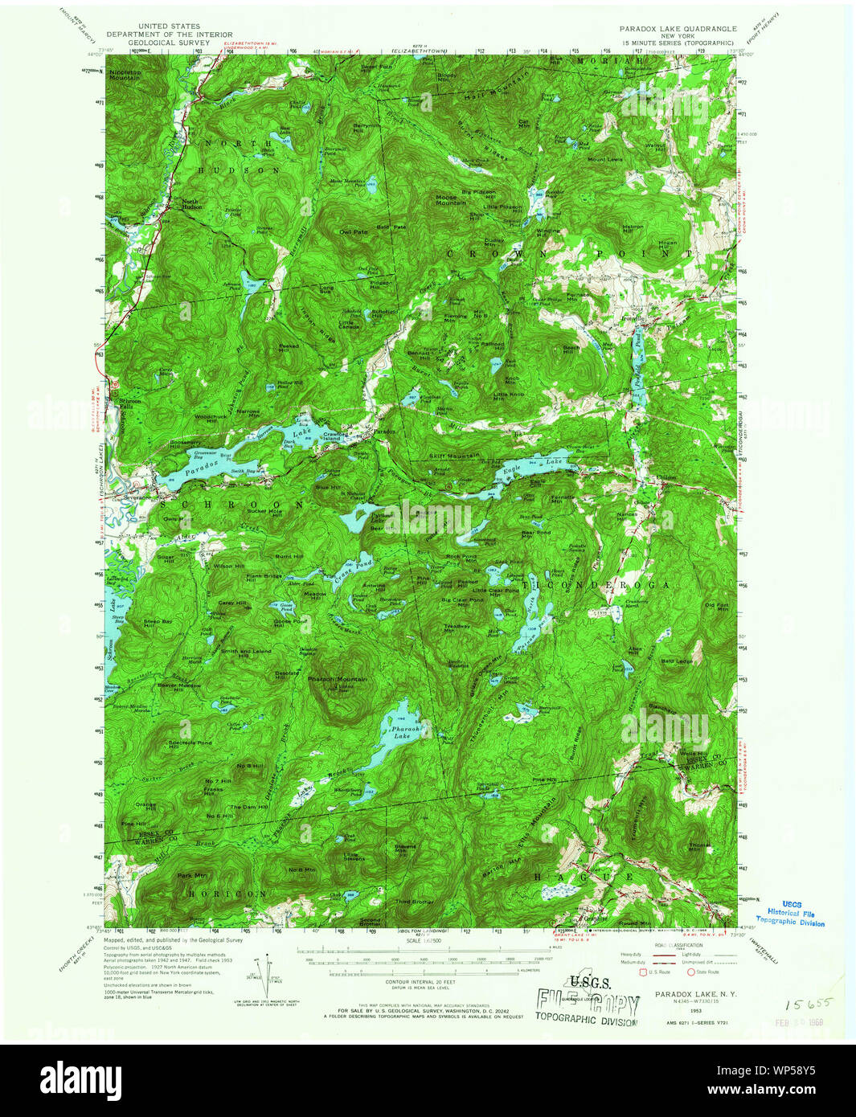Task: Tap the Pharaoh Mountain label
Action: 338,679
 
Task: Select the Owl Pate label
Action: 353,231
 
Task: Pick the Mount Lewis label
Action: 604,159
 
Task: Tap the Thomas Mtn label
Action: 700,846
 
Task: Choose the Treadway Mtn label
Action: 457,628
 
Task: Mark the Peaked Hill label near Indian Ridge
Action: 289,348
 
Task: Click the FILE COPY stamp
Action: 588,1004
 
